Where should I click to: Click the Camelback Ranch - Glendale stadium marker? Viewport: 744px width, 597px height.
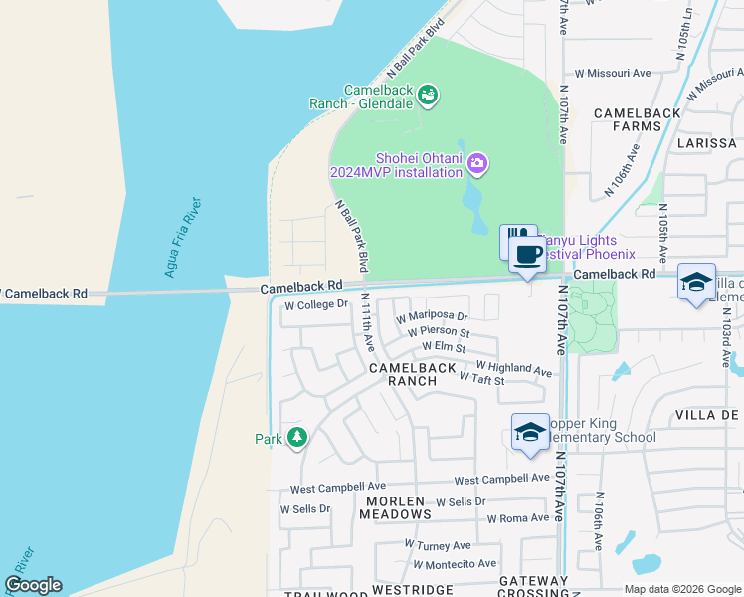428,96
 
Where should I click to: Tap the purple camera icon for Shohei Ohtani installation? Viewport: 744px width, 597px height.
477,162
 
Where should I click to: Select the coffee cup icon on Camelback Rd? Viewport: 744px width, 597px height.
526,253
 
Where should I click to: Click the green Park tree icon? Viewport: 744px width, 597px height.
296,438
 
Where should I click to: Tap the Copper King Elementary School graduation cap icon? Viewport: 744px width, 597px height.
530,432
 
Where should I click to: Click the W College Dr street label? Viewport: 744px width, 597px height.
315,305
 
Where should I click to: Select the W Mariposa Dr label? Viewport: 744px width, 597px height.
431,318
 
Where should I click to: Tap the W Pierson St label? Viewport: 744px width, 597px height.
438,332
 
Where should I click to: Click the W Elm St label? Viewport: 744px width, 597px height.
444,347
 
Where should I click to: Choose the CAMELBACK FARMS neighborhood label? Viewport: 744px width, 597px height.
637,119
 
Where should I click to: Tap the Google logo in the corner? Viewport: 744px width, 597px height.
33,585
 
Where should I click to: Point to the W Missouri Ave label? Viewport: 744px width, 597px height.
613,73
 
